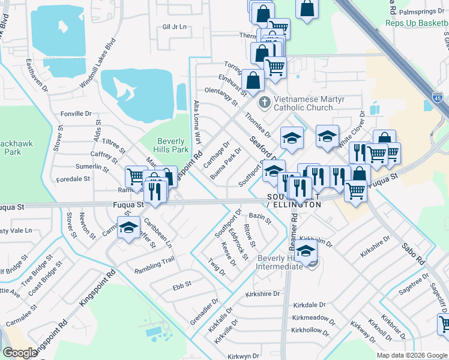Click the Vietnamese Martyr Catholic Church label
pyautogui.click(x=303, y=103)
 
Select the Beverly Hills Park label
pyautogui.click(x=173, y=144)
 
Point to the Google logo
pyautogui.click(x=20, y=353)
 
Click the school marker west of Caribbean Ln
pyautogui.click(x=128, y=229)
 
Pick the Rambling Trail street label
pyautogui.click(x=154, y=259)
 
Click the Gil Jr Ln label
pyautogui.click(x=175, y=27)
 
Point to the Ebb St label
pyautogui.click(x=182, y=284)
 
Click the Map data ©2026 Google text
pyautogui.click(x=412, y=355)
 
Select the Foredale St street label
pyautogui.click(x=73, y=179)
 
